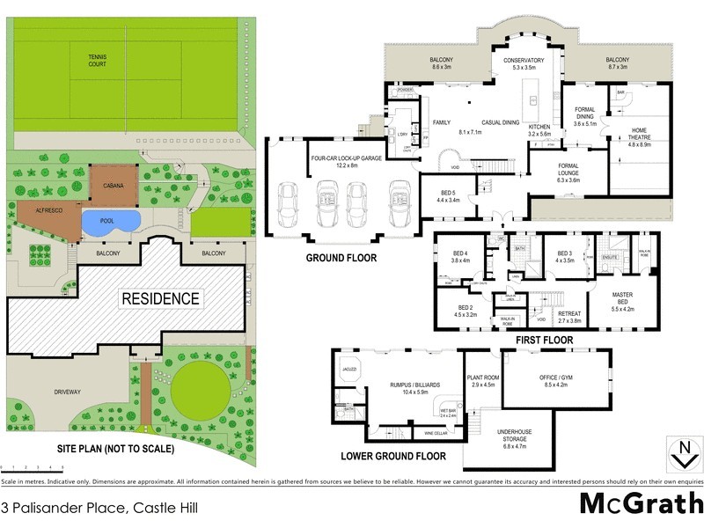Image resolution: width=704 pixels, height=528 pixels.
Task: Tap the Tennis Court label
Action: [98, 62]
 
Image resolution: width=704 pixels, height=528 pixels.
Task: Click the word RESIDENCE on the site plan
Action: [160, 298]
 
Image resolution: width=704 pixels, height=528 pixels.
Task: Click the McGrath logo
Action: [641, 503]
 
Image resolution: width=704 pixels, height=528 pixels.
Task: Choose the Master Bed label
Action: [632, 304]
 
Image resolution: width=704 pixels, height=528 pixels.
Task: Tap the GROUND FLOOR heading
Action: [341, 259]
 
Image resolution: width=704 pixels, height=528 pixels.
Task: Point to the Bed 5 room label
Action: [449, 195]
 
